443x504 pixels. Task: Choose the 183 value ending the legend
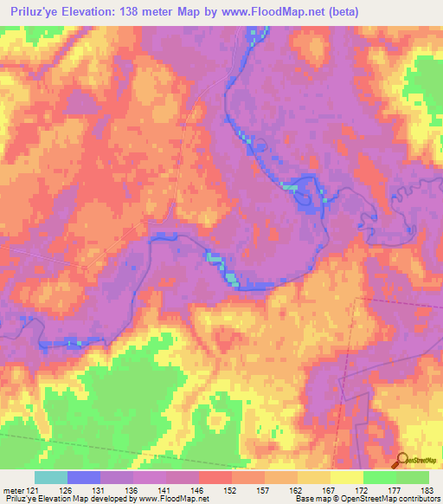pos(427,488)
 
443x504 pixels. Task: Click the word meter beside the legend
pos(13,488)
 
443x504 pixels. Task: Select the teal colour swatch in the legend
pos(51,477)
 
